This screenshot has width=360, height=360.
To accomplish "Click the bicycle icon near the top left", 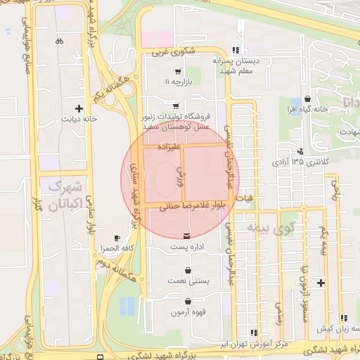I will pyautogui.click(x=59, y=41).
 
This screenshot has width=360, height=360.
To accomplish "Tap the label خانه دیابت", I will pyautogui.click(x=79, y=120).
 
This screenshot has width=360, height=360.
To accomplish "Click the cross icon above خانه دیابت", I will pyautogui.click(x=79, y=109).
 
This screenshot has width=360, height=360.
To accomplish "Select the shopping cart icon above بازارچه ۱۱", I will pyautogui.click(x=178, y=72).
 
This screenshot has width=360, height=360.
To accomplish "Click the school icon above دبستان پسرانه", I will pyautogui.click(x=236, y=50).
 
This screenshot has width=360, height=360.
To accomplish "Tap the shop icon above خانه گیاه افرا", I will pyautogui.click(x=309, y=99).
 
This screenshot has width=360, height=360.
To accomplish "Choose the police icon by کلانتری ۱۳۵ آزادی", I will pyautogui.click(x=300, y=151).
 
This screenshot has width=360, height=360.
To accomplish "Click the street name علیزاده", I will pyautogui.click(x=171, y=147).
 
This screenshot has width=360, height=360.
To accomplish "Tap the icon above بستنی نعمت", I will pyautogui.click(x=188, y=270).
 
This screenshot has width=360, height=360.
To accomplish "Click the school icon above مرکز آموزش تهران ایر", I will pyautogui.click(x=252, y=333).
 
